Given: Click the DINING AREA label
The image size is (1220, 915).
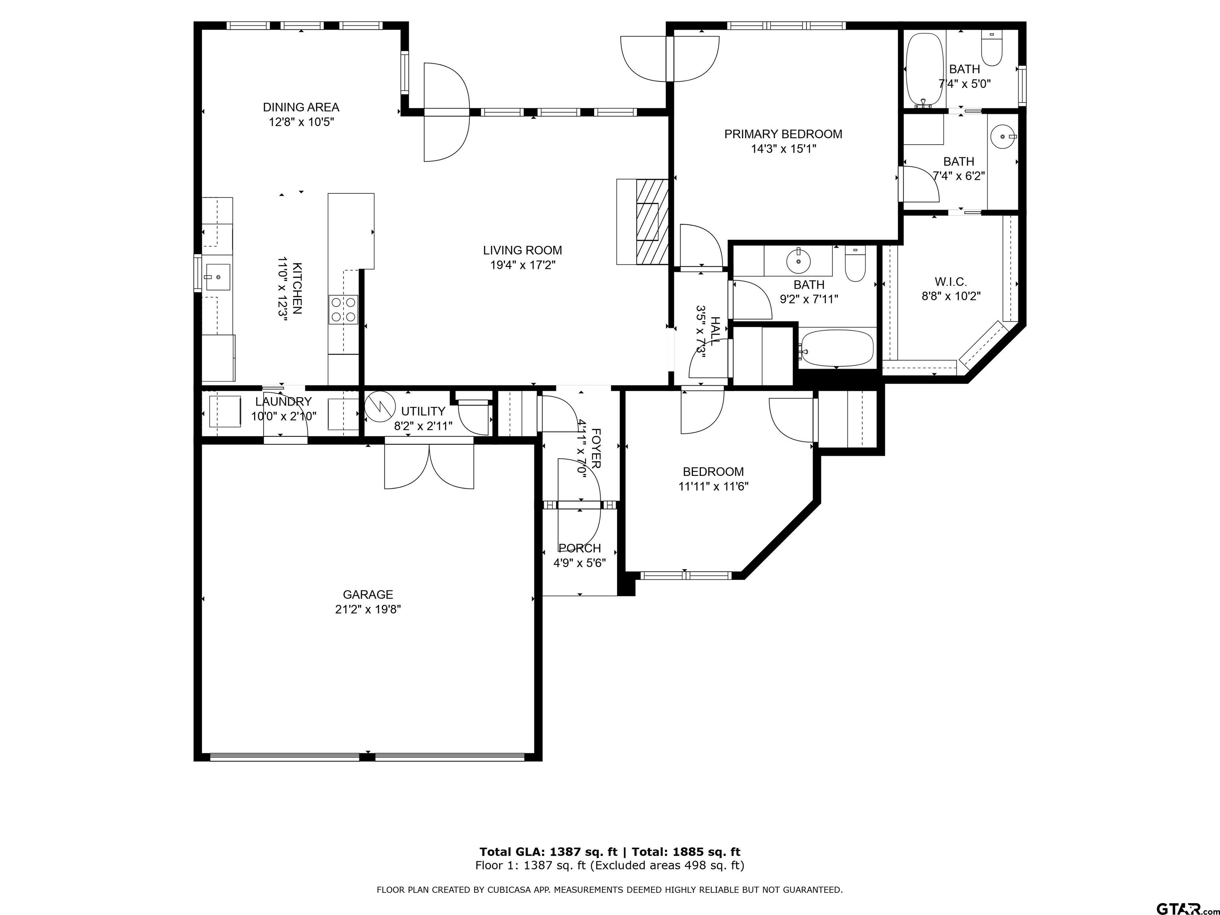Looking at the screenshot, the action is click(301, 107).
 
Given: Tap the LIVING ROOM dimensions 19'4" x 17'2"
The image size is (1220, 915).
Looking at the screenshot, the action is click(522, 265).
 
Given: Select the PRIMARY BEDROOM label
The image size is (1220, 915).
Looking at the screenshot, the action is click(783, 134).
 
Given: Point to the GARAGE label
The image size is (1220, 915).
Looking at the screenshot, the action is click(368, 595).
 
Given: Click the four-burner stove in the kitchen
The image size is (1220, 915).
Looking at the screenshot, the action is click(343, 309).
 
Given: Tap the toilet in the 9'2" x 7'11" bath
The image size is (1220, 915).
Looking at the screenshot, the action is click(855, 264).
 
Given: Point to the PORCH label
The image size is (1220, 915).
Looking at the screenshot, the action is click(580, 548).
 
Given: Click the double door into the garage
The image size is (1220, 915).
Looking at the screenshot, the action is click(429, 466).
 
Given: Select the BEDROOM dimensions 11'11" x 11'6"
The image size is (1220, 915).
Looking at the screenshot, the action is click(714, 486).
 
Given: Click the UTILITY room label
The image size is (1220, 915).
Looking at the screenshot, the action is click(423, 411).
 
